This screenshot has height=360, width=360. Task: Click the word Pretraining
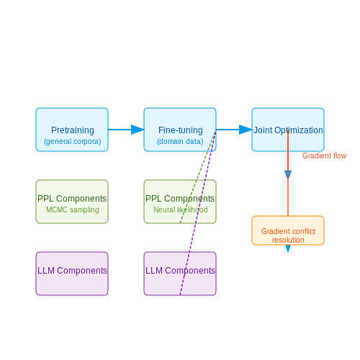pos(73,130)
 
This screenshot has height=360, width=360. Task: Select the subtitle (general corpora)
pos(73,141)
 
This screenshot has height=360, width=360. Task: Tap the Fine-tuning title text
pos(181,130)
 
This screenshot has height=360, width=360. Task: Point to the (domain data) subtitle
pos(180,141)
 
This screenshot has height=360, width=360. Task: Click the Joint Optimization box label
pos(288,130)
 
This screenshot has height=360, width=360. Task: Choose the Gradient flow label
pos(324,156)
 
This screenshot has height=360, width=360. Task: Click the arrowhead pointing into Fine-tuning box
pos(138,130)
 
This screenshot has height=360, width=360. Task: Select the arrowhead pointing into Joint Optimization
pos(246,130)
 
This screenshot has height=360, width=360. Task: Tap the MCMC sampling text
pos(73,210)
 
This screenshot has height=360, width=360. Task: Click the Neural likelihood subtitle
pos(181,210)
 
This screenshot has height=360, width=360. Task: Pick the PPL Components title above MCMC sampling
pos(72,199)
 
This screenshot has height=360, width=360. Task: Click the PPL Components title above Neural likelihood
pos(180,199)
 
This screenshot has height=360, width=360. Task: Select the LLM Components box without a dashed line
pos(72,274)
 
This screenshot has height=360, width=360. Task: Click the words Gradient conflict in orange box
pos(288,231)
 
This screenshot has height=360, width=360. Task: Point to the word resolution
pos(288,240)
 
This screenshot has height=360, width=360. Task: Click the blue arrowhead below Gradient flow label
pos(288,175)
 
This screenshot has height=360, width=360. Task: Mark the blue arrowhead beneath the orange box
pos(288,249)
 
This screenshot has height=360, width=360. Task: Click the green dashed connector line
pos(198,176)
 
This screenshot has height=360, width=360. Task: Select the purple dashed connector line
pos(198,212)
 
